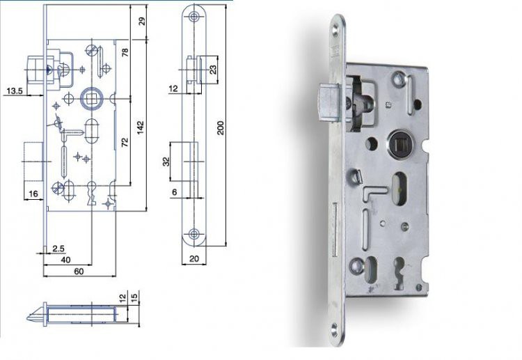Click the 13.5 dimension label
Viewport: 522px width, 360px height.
tap(15, 91)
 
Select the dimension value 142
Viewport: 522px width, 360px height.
tap(141, 127)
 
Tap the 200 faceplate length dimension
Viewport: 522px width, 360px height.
tap(221, 128)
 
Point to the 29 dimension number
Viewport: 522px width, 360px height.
tap(142, 22)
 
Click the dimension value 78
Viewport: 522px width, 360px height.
tap(125, 53)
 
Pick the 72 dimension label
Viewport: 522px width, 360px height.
tap(125, 142)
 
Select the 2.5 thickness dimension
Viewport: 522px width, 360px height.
tap(58, 249)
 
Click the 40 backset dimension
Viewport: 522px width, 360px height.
tap(66, 260)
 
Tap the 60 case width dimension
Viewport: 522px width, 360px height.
tap(79, 272)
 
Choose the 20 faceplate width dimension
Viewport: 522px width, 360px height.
tap(194, 259)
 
